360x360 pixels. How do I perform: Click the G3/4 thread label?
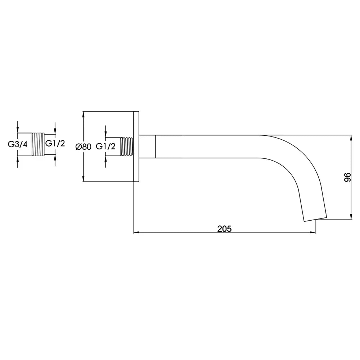point(18,144)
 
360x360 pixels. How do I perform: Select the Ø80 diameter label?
point(84,147)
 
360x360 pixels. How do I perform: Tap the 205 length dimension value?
point(224,229)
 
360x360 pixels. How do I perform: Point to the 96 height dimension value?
point(347,177)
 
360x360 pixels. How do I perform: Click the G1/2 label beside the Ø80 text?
point(105,146)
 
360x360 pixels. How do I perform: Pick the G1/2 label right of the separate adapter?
point(55,143)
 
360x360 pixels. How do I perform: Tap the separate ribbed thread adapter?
point(38,144)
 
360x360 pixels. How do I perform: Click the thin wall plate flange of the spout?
point(136,147)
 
